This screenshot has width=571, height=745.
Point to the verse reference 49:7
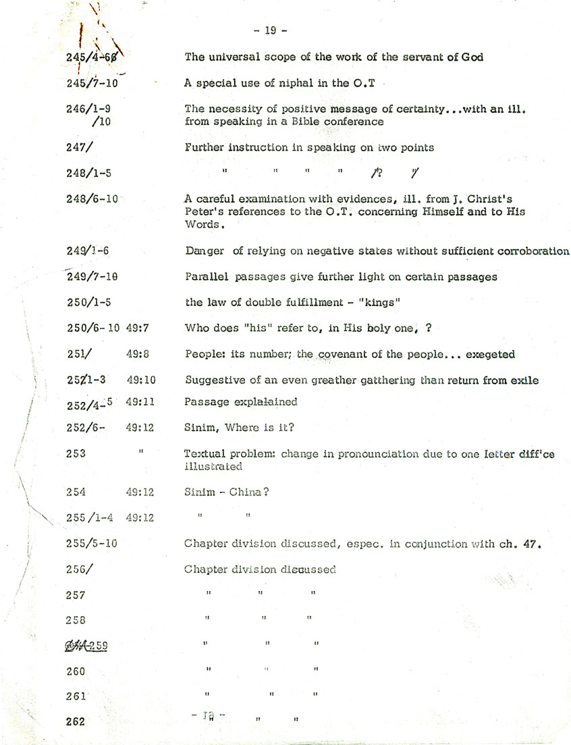[140, 328]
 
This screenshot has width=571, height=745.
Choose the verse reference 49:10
[140, 380]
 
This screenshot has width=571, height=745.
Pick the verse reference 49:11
[140, 402]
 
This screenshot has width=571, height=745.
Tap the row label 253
[76, 453]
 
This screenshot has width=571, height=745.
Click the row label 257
[76, 595]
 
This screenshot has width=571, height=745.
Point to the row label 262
[76, 721]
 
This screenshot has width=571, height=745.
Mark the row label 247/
[79, 147]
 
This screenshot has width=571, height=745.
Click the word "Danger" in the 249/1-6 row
[205, 251]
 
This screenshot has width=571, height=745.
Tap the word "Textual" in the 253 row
[205, 453]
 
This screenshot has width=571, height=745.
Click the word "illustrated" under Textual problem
[213, 466]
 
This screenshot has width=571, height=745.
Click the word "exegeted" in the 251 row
[492, 354]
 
